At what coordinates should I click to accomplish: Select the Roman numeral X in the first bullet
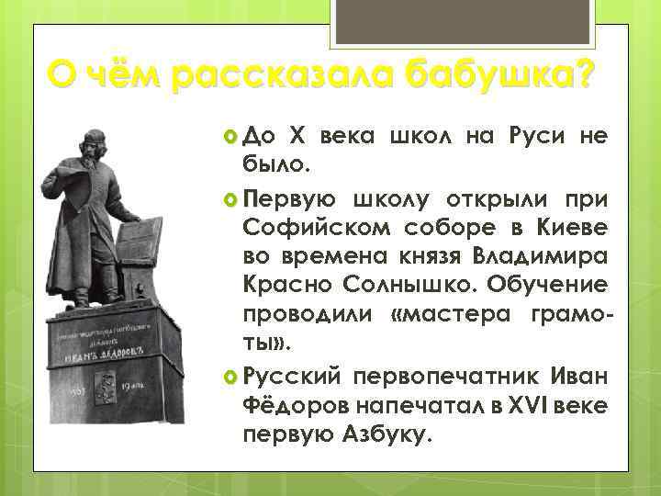click(x=297, y=137)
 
